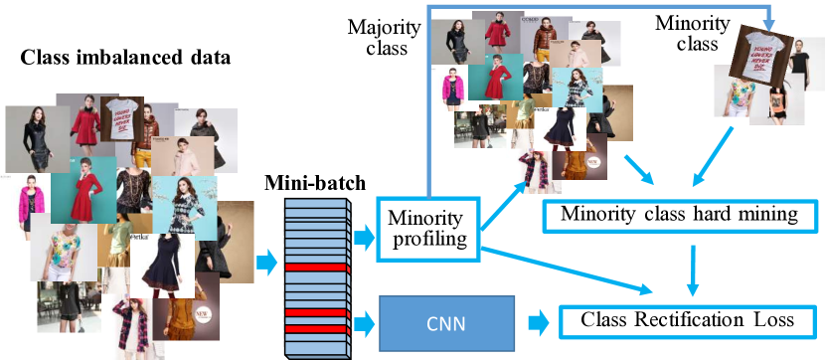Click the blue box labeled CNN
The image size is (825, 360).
click(447, 322)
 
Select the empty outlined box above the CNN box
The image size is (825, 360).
click(428, 229)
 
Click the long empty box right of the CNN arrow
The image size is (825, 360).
click(688, 322)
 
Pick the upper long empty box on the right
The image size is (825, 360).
click(680, 217)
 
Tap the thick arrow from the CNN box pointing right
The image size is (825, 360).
click(538, 322)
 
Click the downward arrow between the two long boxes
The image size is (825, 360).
click(693, 270)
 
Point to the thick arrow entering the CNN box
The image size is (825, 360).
click(365, 322)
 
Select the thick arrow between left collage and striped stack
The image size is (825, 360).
click(266, 263)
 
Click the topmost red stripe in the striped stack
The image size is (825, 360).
click(316, 268)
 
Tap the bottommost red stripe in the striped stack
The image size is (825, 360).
click(316, 328)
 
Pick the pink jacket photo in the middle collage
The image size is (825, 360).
click(449, 90)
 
